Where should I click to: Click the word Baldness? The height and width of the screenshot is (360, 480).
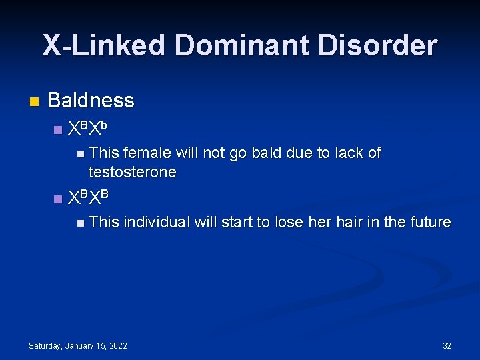(91, 101)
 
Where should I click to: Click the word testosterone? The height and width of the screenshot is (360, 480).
(132, 172)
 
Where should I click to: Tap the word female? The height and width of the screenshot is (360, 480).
(147, 153)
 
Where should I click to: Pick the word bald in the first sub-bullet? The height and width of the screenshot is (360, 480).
(267, 153)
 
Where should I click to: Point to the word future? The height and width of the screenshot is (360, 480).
(427, 222)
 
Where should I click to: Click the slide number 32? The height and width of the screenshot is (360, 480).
(447, 345)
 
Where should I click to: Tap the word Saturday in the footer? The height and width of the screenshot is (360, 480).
(45, 345)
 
